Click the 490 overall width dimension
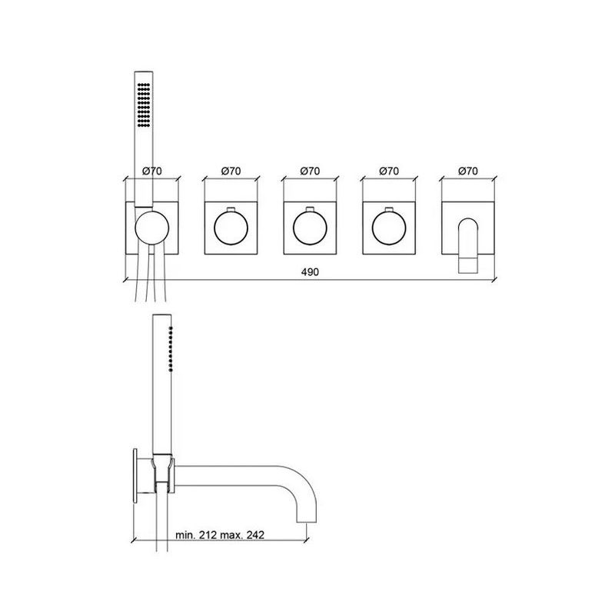[x=309, y=272]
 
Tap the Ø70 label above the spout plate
[x=467, y=171]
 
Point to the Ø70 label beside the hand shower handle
[x=152, y=171]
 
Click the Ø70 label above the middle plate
[x=310, y=171]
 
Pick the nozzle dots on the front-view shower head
[x=142, y=105]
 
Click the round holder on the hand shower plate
[x=151, y=228]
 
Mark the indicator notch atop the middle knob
[x=310, y=210]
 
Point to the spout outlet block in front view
[x=467, y=264]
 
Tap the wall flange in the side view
[x=138, y=474]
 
